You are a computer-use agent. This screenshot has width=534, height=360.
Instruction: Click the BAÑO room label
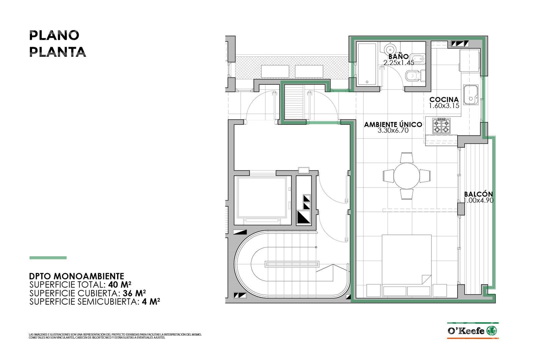[398, 56]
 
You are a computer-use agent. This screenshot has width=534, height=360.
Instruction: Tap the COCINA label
[444, 99]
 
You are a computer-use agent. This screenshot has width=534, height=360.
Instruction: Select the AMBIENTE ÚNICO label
[393, 124]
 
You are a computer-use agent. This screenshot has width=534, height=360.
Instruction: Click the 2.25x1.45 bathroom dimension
[398, 63]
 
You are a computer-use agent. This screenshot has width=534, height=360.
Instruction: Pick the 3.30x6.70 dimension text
[393, 130]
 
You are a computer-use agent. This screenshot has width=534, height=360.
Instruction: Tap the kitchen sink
[471, 95]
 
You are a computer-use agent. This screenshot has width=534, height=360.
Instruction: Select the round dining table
[407, 175]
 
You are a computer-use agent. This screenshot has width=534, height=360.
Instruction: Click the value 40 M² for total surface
[120, 284]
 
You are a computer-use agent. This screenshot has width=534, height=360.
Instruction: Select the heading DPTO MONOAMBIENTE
[76, 276]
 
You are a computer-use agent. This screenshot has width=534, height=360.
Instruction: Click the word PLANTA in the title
[57, 52]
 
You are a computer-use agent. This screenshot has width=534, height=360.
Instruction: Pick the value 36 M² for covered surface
[134, 293]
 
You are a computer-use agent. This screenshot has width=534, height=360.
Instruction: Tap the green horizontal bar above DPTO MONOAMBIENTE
[48, 258]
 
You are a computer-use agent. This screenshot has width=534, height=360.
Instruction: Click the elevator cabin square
[262, 197]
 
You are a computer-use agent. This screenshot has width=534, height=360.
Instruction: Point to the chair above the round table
[407, 157]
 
